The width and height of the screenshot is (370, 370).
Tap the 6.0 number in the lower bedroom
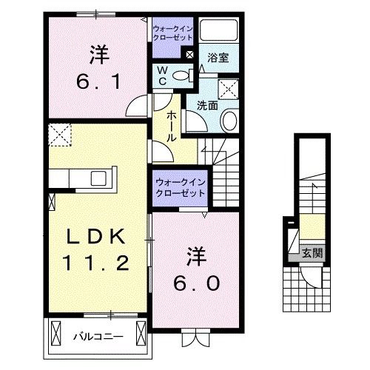[x=197, y=283]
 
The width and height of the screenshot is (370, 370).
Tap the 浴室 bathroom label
[x=218, y=57]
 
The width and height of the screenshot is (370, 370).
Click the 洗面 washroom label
[x=207, y=106]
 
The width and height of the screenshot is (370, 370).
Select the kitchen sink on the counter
[x=98, y=178]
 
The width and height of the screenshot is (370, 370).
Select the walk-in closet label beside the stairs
[x=180, y=187]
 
